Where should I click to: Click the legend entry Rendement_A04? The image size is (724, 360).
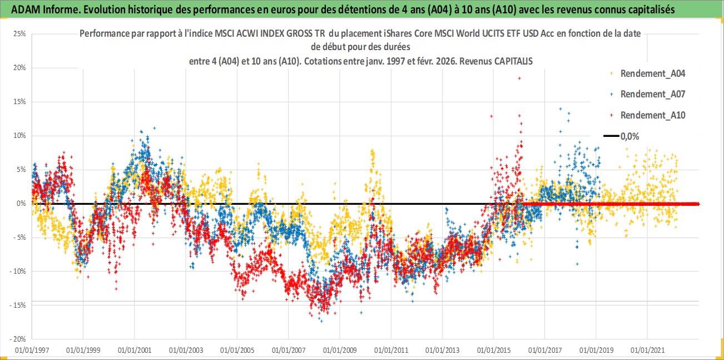(652, 73)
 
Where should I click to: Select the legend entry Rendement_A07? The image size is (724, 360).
(652, 94)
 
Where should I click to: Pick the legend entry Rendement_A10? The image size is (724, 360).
(652, 115)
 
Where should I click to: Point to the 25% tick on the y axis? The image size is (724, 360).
(19, 34)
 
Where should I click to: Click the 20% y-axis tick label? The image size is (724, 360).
(19, 68)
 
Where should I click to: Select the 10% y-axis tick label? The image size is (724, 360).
(19, 136)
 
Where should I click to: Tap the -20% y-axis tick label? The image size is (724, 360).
(18, 339)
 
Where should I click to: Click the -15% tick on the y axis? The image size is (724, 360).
(18, 305)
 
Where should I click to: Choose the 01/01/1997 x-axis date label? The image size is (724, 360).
(32, 351)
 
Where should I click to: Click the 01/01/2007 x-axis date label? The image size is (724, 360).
(288, 351)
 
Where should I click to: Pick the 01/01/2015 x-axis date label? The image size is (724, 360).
(493, 351)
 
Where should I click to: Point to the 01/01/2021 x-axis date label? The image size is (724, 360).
(647, 351)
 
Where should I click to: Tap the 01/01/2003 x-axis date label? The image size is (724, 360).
(186, 351)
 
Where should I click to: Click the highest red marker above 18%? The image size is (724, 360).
(519, 78)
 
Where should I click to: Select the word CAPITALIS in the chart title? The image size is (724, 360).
(513, 61)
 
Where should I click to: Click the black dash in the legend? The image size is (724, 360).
(611, 136)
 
